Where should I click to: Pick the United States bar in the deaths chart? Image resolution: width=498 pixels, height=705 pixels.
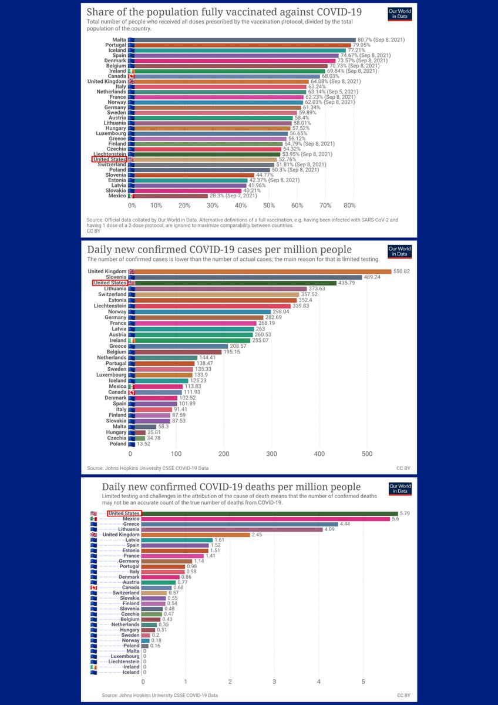270,513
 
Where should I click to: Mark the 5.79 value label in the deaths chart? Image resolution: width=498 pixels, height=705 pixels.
406,513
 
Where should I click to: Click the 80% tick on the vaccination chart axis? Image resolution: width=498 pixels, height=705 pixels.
350,206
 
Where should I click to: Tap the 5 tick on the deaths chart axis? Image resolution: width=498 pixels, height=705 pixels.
363,681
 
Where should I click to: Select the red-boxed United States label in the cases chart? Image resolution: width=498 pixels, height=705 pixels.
110,283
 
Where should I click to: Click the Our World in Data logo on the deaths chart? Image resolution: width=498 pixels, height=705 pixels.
400,490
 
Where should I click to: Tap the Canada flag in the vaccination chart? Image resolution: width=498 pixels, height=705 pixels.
132,76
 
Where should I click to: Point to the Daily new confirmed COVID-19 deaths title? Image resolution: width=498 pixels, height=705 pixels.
231,487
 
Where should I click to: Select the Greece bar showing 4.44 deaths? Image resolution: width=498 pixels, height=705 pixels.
241,524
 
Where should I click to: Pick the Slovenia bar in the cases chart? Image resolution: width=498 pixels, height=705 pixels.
250,277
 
